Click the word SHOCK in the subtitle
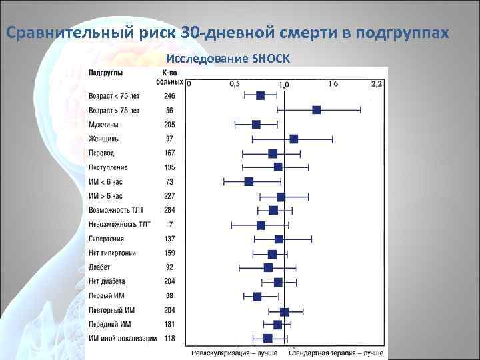272,59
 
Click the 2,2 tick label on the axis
377,84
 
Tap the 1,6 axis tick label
333,84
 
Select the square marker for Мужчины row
256,125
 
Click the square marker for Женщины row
294,139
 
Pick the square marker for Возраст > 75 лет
317,110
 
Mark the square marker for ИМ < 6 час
249,181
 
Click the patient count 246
171,96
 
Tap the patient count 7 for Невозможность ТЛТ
171,224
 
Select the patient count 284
171,210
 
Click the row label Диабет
101,267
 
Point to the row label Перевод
102,153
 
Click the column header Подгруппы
105,72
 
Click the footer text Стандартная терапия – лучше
336,351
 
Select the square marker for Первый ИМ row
257,296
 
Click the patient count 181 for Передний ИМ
171,325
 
